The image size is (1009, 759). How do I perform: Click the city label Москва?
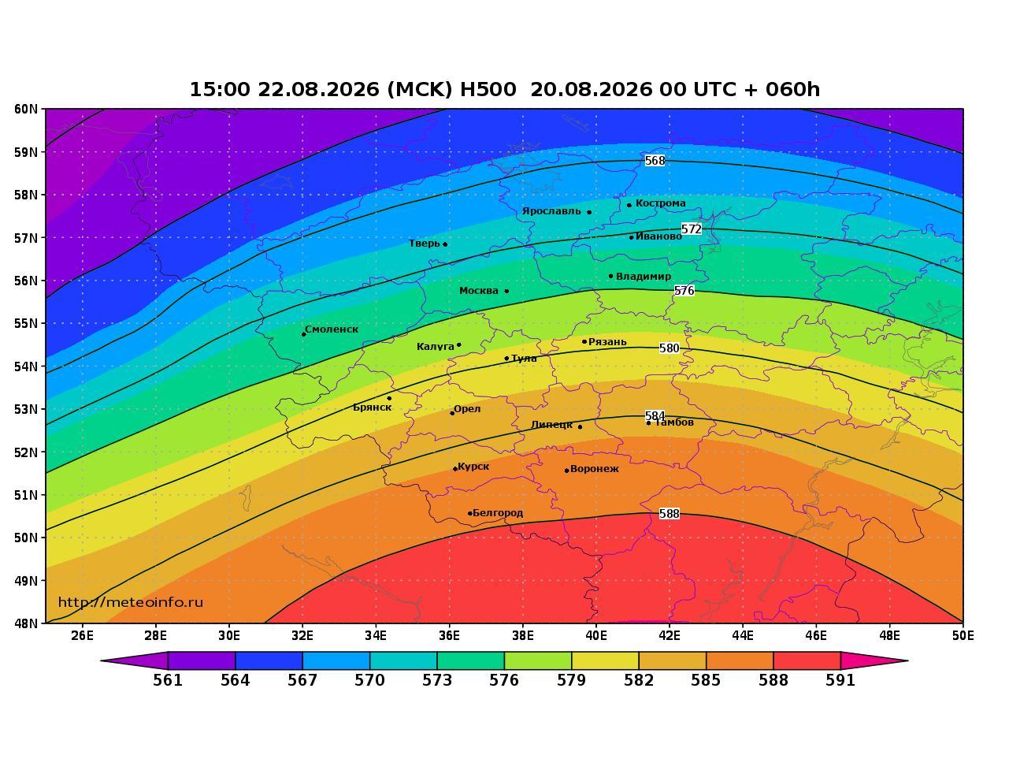click(x=479, y=291)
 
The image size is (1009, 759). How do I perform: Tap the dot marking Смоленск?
click(x=304, y=334)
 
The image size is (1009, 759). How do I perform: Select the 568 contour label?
click(x=655, y=161)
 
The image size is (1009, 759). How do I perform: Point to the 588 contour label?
click(x=669, y=514)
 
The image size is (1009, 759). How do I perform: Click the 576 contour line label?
click(x=684, y=290)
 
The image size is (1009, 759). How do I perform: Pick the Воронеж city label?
click(x=595, y=469)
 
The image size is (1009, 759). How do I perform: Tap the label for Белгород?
click(x=498, y=513)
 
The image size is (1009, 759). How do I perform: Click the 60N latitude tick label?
click(x=26, y=109)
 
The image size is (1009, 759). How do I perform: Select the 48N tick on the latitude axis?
click(x=26, y=623)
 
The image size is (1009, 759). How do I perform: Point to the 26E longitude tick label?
click(x=82, y=636)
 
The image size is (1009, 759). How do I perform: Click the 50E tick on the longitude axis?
click(x=963, y=636)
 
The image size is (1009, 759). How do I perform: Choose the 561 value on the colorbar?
click(x=168, y=680)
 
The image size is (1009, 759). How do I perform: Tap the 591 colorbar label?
click(x=840, y=680)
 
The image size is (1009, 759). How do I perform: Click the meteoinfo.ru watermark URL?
click(x=131, y=603)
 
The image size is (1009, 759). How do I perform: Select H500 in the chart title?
click(x=488, y=89)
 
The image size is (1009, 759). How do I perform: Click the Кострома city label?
click(x=661, y=203)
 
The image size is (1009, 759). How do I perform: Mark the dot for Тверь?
click(x=445, y=244)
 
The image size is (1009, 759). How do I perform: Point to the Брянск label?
click(x=373, y=407)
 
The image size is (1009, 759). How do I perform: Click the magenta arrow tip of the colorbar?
click(x=907, y=661)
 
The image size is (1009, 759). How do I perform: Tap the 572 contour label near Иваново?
click(x=692, y=229)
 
